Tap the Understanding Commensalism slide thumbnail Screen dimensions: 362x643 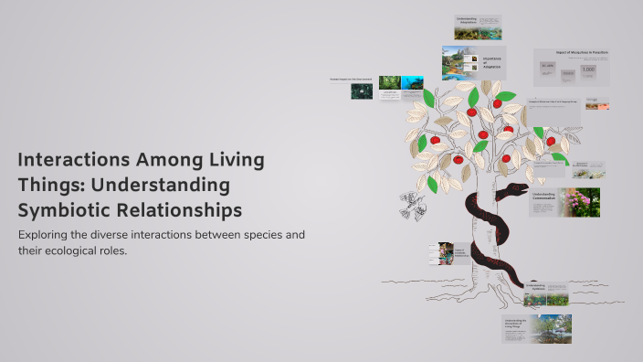click(x=564, y=202)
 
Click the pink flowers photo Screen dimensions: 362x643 click(x=582, y=202)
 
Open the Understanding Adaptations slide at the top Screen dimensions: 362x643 click(x=478, y=27)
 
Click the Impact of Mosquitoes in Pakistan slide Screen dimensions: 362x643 click(x=571, y=68)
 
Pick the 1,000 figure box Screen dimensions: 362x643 click(x=588, y=70)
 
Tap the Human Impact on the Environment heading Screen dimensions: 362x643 click(x=352, y=80)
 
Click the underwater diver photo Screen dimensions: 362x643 click(x=412, y=83)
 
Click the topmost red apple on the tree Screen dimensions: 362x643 click(x=498, y=103)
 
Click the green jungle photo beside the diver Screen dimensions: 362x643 click(x=389, y=83)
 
